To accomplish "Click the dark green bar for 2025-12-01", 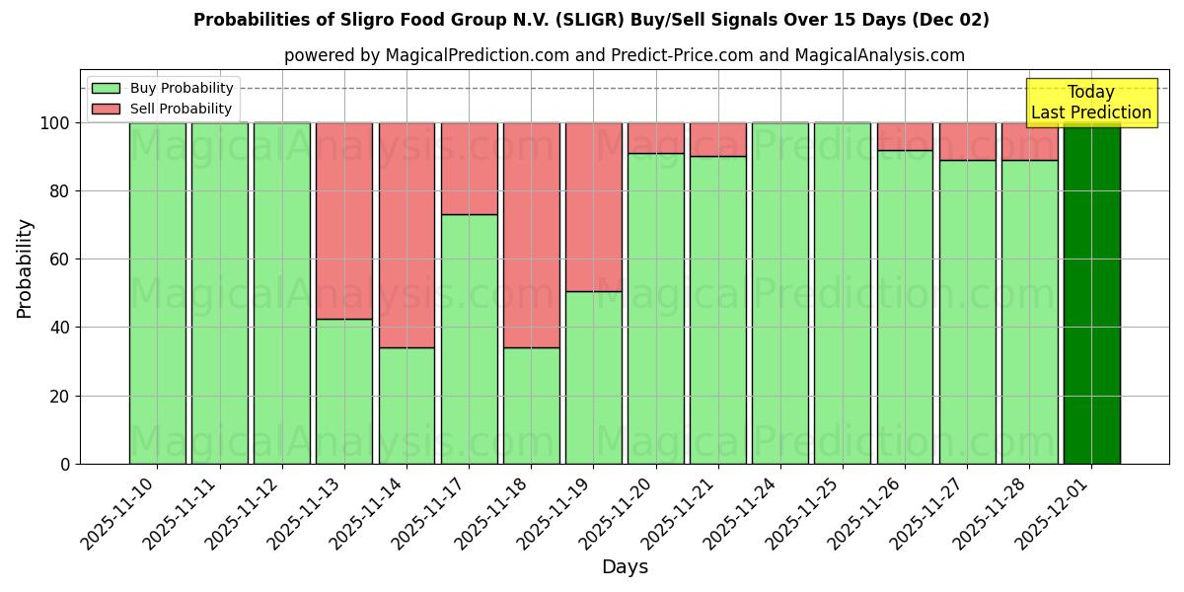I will pyautogui.click(x=1091, y=296).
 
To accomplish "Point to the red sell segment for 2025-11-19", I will pyautogui.click(x=593, y=207).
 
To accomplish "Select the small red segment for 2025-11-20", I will pyautogui.click(x=655, y=138).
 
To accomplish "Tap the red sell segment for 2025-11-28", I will pyautogui.click(x=1029, y=141).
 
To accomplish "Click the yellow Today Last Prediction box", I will pyautogui.click(x=1091, y=103).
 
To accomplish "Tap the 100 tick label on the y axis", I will pyautogui.click(x=55, y=123).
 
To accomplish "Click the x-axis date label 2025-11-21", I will pyautogui.click(x=682, y=519).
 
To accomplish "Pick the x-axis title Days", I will pyautogui.click(x=625, y=567).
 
